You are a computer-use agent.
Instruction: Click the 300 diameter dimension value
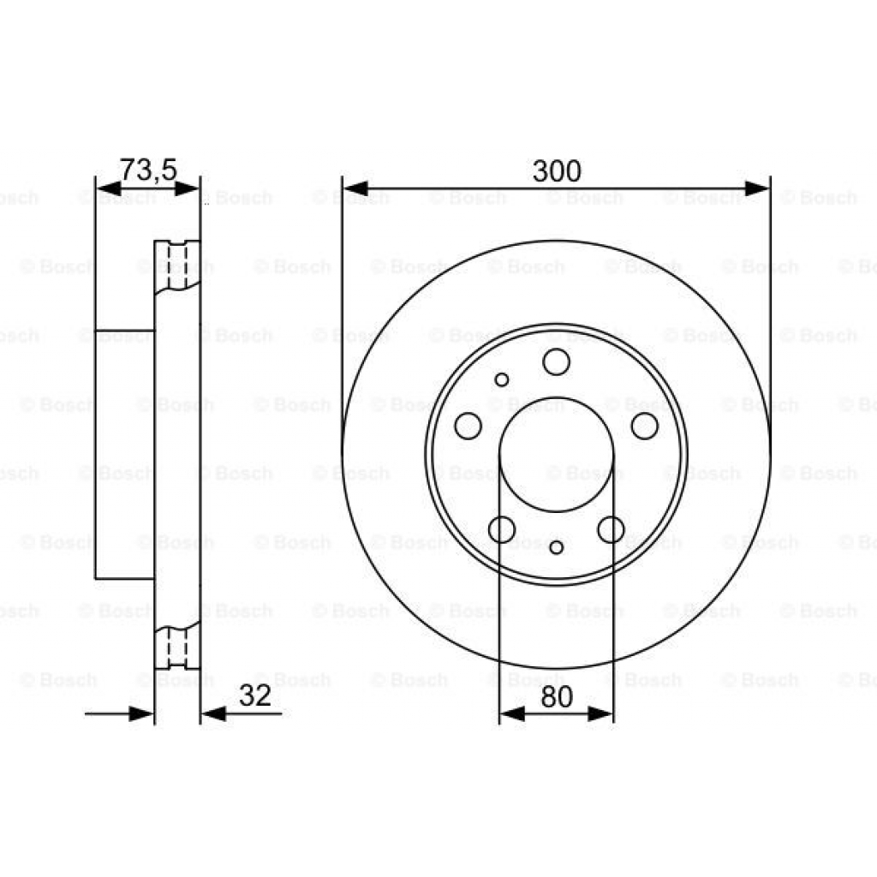point(556,171)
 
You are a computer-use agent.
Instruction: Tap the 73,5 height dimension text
point(147,170)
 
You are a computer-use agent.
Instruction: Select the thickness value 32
point(254,695)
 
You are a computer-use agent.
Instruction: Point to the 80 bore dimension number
point(556,697)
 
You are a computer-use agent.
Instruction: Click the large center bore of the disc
point(556,455)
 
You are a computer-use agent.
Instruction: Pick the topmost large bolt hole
point(556,361)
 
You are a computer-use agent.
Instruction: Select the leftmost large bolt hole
point(468,425)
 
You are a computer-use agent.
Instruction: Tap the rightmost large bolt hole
point(644,425)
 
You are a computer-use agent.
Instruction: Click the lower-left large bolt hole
point(501,528)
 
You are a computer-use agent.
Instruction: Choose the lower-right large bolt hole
point(611,528)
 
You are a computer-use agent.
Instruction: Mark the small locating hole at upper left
point(502,379)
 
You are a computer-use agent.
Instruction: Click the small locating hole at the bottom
point(557,547)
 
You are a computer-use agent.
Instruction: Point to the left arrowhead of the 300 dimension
point(355,188)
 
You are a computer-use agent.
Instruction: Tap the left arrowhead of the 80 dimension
point(511,713)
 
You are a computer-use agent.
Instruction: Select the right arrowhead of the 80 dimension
point(601,713)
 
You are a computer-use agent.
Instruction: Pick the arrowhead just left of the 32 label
point(212,713)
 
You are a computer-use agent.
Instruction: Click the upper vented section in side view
point(176,266)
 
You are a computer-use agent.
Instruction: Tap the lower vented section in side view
point(176,647)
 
